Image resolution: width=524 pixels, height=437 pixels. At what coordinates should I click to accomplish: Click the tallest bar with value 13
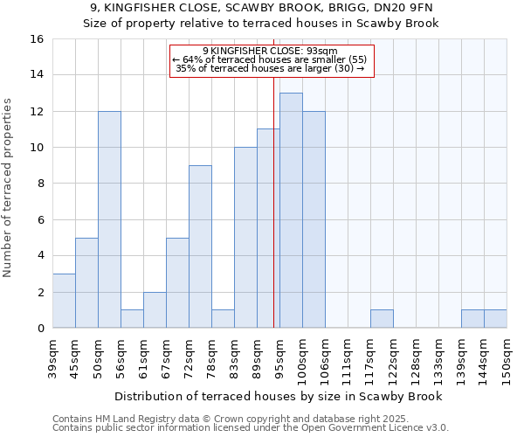(x=291, y=210)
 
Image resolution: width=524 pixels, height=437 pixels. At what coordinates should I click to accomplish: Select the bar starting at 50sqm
(x=109, y=219)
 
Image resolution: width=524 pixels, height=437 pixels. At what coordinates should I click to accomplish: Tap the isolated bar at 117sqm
(x=382, y=319)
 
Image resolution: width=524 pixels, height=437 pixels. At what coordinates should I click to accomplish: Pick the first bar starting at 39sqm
(x=64, y=301)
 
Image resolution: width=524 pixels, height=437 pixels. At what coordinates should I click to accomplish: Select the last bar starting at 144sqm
(x=495, y=319)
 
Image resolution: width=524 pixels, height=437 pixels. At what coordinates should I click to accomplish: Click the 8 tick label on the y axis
(x=40, y=184)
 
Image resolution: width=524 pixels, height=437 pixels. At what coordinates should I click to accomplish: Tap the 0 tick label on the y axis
(x=40, y=329)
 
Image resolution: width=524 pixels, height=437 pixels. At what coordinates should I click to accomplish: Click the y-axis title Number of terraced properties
(x=9, y=188)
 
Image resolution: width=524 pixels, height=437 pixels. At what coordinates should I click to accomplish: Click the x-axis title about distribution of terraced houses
(x=279, y=396)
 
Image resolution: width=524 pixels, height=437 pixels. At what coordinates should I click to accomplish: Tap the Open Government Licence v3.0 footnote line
(x=251, y=427)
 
